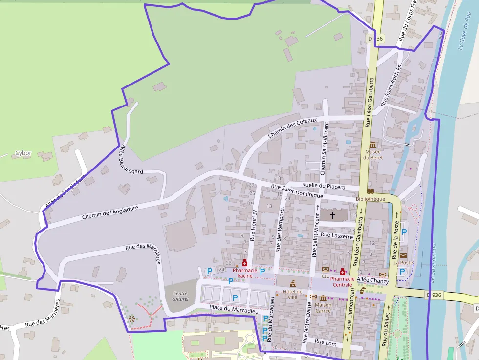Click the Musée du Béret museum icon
[x=373, y=145]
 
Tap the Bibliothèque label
[x=370, y=199]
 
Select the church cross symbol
[x=333, y=215]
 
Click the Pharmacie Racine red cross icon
[x=244, y=263]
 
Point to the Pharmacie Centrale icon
[x=343, y=271]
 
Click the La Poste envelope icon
[x=403, y=255]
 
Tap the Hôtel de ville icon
[x=293, y=283]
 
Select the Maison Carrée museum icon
[x=323, y=297]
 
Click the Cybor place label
[x=23, y=153]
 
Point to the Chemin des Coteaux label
[x=292, y=128]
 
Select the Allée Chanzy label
[x=372, y=281]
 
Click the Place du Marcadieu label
[x=233, y=309]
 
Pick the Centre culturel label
[x=180, y=296]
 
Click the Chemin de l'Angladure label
[x=110, y=212]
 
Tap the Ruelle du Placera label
[x=323, y=186]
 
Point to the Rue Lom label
[x=326, y=342]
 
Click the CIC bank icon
[x=326, y=269]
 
